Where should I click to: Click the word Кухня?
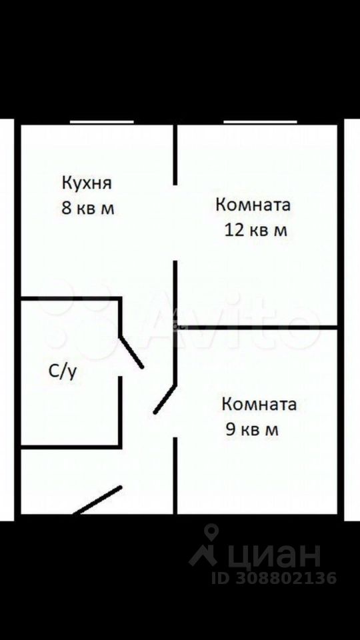[x=87, y=183]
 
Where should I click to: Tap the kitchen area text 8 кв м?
[x=87, y=208]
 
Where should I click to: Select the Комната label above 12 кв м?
[x=253, y=205]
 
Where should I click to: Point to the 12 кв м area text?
[x=256, y=231]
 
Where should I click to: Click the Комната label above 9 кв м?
[x=259, y=404]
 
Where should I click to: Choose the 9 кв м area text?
[x=252, y=430]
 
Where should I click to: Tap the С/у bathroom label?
[x=63, y=372]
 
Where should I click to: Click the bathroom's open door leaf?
[x=131, y=352]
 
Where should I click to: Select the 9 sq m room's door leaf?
[x=165, y=399]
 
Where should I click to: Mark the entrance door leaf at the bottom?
[x=97, y=500]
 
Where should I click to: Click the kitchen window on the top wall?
[x=101, y=121]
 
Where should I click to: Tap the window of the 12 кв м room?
[x=260, y=121]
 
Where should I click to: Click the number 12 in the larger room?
[x=234, y=231]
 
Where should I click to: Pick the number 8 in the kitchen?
[x=66, y=208]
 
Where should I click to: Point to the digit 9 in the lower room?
[x=231, y=430]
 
